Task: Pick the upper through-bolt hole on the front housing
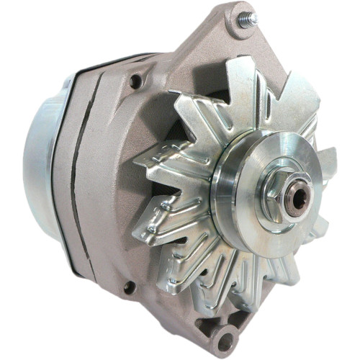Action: point(134,81)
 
